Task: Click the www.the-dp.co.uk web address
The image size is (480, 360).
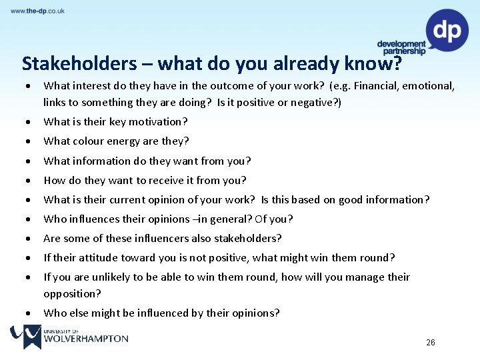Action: (x=37, y=11)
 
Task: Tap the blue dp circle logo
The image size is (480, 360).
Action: (x=447, y=30)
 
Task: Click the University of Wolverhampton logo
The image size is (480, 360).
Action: (x=69, y=337)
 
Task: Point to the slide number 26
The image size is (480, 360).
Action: (x=431, y=343)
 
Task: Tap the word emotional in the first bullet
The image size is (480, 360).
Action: (x=429, y=86)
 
